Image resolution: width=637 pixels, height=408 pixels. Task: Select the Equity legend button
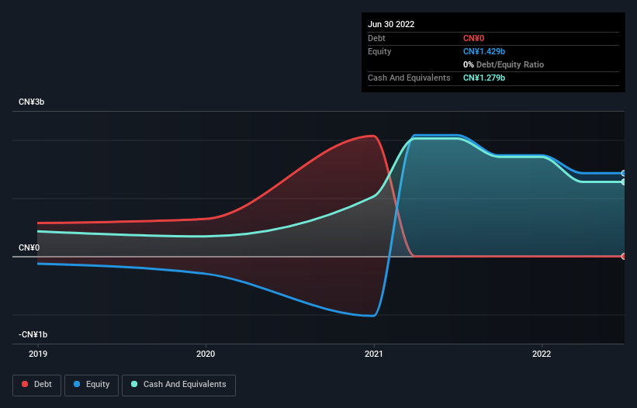pos(92,384)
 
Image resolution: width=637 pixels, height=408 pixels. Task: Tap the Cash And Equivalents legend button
pos(178,384)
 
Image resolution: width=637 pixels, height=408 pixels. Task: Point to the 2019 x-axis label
pos(38,354)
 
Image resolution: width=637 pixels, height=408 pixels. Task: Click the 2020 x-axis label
pos(206,354)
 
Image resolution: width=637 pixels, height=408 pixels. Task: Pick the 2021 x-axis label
pos(374,354)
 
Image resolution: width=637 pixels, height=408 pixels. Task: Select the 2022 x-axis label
pos(542,354)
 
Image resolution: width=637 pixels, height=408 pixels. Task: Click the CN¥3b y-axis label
pos(33,102)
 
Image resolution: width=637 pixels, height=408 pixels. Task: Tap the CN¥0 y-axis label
pos(29,247)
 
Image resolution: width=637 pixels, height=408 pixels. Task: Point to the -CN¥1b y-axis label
pos(33,334)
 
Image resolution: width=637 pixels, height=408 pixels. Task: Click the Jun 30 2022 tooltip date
pos(391,24)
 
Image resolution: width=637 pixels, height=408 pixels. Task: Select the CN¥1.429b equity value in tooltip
pos(484,51)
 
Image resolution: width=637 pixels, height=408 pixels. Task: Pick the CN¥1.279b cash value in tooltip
pos(484,78)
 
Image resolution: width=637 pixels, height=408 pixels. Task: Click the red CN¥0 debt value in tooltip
pos(473,38)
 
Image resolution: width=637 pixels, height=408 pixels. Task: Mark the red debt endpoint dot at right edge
pos(624,256)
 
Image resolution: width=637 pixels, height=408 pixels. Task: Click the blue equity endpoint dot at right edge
pos(624,173)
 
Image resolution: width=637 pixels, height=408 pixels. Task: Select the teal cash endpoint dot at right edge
pos(624,182)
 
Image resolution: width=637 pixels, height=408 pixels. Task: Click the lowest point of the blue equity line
pos(374,316)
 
